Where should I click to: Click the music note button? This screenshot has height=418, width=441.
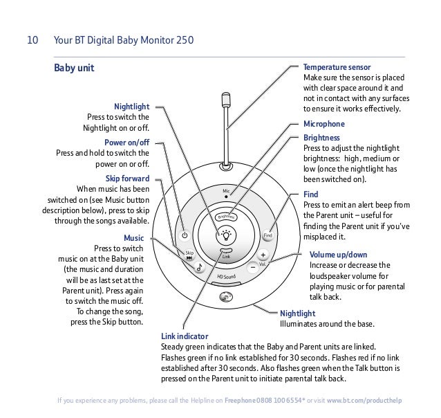[x=199, y=266]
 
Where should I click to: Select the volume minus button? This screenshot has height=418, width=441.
[x=253, y=268]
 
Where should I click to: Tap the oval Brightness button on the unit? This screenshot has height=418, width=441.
[x=225, y=216]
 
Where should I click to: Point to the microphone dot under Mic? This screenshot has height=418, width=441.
[x=226, y=197]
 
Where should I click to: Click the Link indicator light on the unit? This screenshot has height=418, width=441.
[x=226, y=251]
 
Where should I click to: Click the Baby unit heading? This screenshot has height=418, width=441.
[x=73, y=69]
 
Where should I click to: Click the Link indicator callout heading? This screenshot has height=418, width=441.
[x=184, y=336]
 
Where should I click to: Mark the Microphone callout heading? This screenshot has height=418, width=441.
[x=324, y=125]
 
